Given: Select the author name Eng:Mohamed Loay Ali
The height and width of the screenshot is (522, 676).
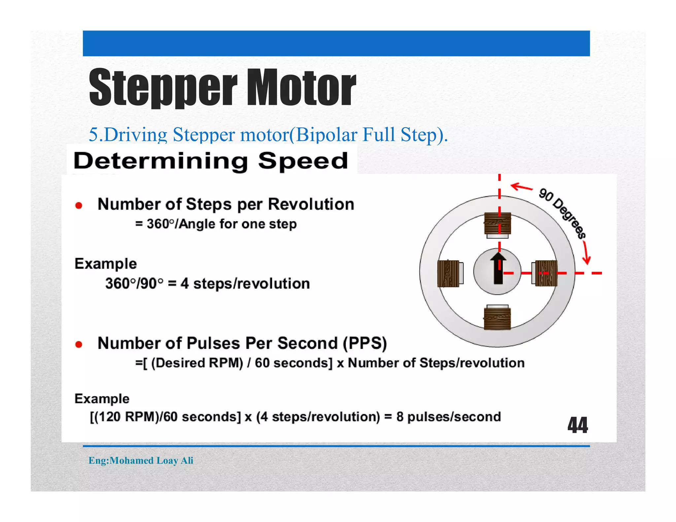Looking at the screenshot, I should [x=141, y=460].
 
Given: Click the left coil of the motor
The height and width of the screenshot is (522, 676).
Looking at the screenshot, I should [x=448, y=273].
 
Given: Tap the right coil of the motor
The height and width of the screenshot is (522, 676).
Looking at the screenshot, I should [x=546, y=273].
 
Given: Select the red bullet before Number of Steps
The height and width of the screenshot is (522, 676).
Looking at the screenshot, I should [x=79, y=206].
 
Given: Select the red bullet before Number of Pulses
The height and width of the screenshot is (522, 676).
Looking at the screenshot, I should [x=79, y=344].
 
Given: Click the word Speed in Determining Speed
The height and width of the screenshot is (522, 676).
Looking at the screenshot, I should [x=303, y=161].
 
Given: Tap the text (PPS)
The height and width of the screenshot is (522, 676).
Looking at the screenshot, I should [x=365, y=343].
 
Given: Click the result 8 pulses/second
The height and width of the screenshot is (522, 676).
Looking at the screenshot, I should [x=449, y=417].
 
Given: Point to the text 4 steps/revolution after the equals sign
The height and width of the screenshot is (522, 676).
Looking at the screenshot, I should [x=245, y=284].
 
